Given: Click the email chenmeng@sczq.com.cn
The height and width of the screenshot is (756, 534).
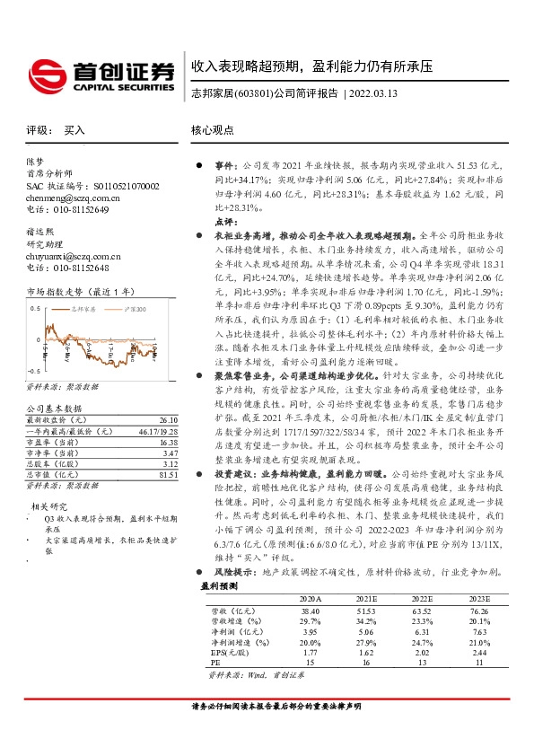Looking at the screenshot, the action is (73, 198).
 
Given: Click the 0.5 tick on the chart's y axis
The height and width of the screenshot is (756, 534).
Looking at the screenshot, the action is (35, 307).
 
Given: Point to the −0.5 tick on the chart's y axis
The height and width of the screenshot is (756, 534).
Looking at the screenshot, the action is (33, 371).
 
